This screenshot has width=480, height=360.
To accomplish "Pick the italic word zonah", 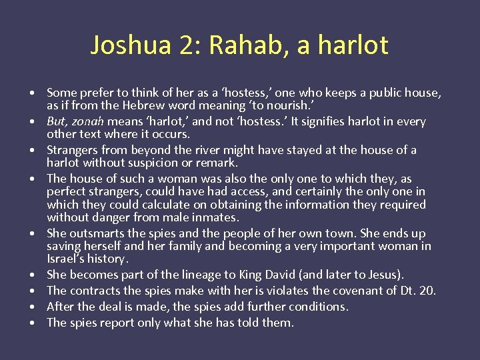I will coord(89,121).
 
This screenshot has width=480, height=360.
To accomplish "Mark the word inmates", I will coord(215,217).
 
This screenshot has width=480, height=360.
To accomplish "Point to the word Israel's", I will coord(66,259).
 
